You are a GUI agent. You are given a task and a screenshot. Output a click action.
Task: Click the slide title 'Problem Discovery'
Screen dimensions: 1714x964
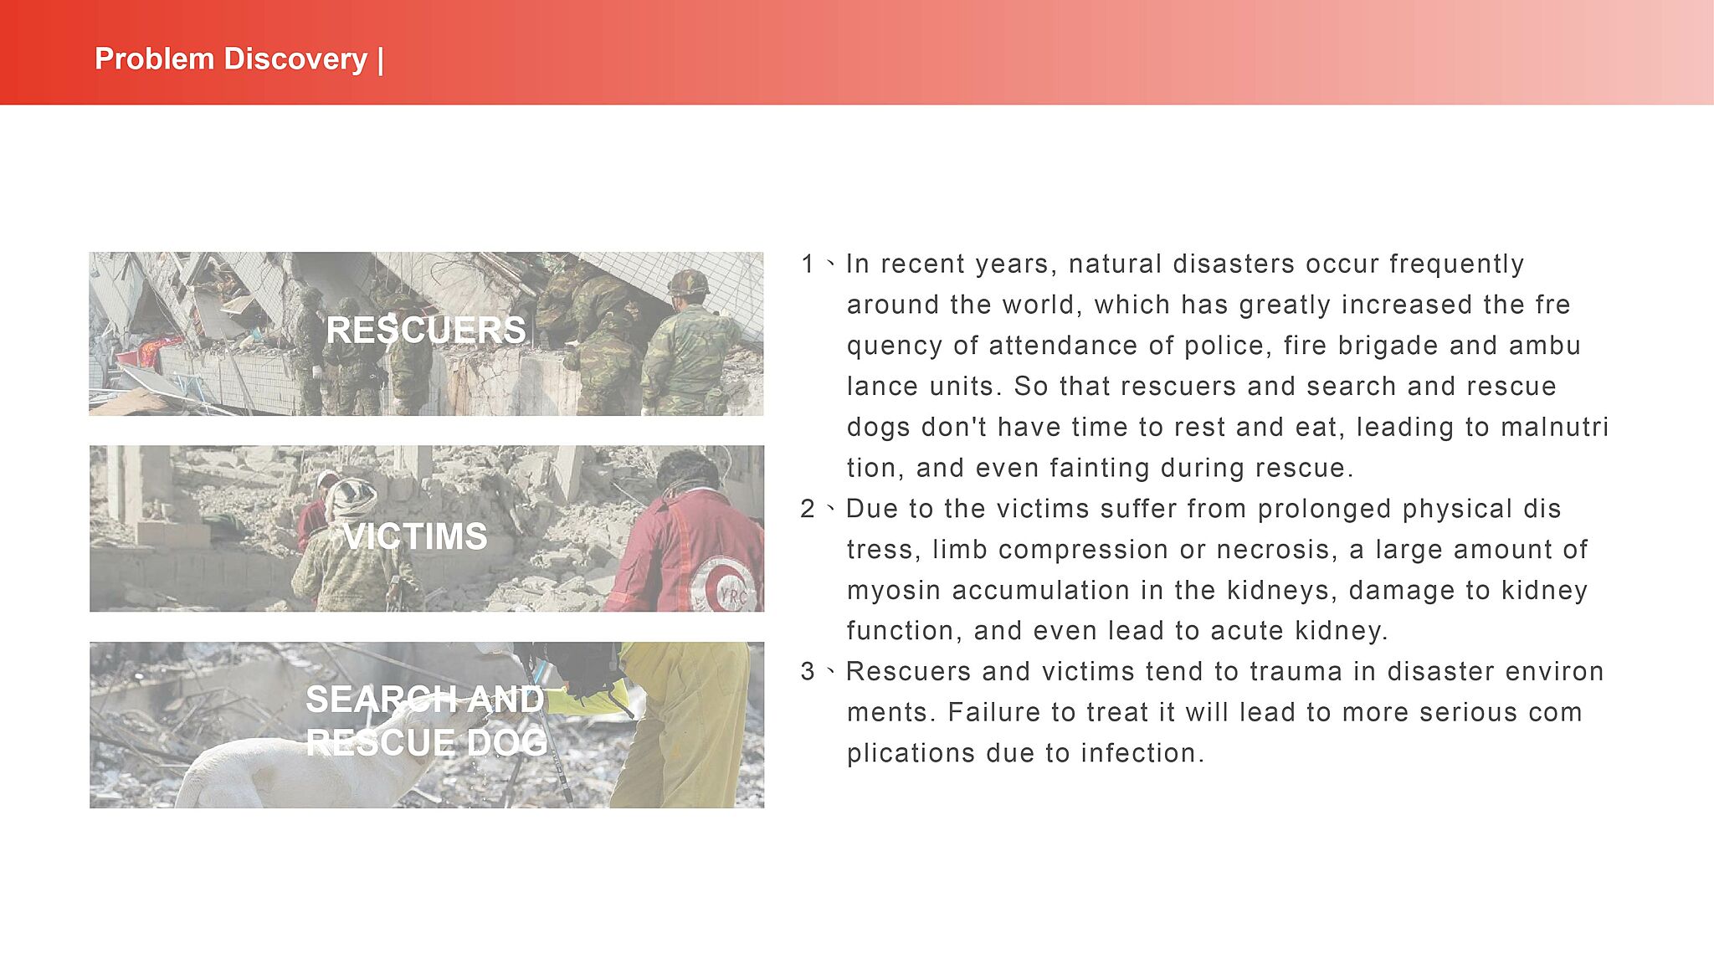point(231,59)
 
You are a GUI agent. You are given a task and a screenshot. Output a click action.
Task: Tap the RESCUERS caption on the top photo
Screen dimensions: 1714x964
point(426,330)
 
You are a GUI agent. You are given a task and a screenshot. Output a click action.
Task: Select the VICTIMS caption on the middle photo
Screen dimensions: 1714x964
point(415,536)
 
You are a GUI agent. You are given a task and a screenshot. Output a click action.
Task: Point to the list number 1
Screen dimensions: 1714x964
point(808,264)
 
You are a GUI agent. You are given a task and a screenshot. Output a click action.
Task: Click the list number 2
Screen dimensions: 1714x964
point(808,508)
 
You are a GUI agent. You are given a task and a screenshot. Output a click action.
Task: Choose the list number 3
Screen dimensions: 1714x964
point(808,671)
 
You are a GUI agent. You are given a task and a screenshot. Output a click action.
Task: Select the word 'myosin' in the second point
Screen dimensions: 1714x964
point(894,591)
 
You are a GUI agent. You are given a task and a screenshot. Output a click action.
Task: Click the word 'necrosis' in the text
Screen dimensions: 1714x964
point(1272,550)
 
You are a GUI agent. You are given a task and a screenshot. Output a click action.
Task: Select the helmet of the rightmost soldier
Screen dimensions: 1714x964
point(688,283)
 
